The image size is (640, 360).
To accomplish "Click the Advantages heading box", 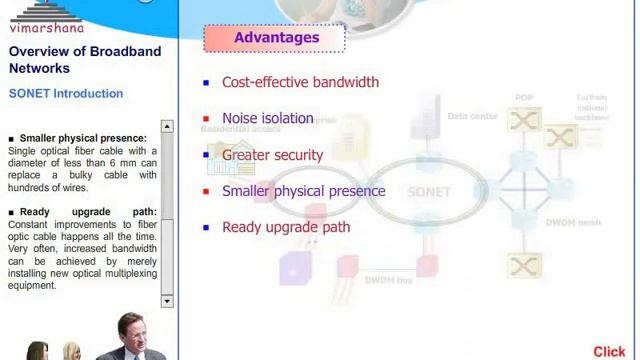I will pos(275,38).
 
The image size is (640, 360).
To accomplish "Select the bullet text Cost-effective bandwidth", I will pos(300,82).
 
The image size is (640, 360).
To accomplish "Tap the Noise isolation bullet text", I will pos(267,118).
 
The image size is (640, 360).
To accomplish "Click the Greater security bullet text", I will pos(272,155).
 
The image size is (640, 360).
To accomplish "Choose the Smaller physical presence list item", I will pos(303,191).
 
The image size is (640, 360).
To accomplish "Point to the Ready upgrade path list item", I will pos(285,227).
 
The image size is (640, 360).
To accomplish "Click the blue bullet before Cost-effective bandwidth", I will pos(206,83).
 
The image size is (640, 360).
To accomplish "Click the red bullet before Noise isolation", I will pos(206,119).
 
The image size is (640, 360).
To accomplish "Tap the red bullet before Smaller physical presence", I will pos(206,191).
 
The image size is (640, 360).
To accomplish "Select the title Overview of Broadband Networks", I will pos(85,60).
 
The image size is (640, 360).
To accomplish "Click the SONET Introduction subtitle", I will pos(66,93).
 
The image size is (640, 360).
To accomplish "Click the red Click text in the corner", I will pos(608,351).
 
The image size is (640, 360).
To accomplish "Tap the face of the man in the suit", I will pos(130,330).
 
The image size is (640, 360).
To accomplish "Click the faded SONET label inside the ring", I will pos(428,191).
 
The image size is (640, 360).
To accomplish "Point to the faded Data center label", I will pos(472,116).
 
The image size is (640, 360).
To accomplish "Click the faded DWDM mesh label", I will pos(573,222).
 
